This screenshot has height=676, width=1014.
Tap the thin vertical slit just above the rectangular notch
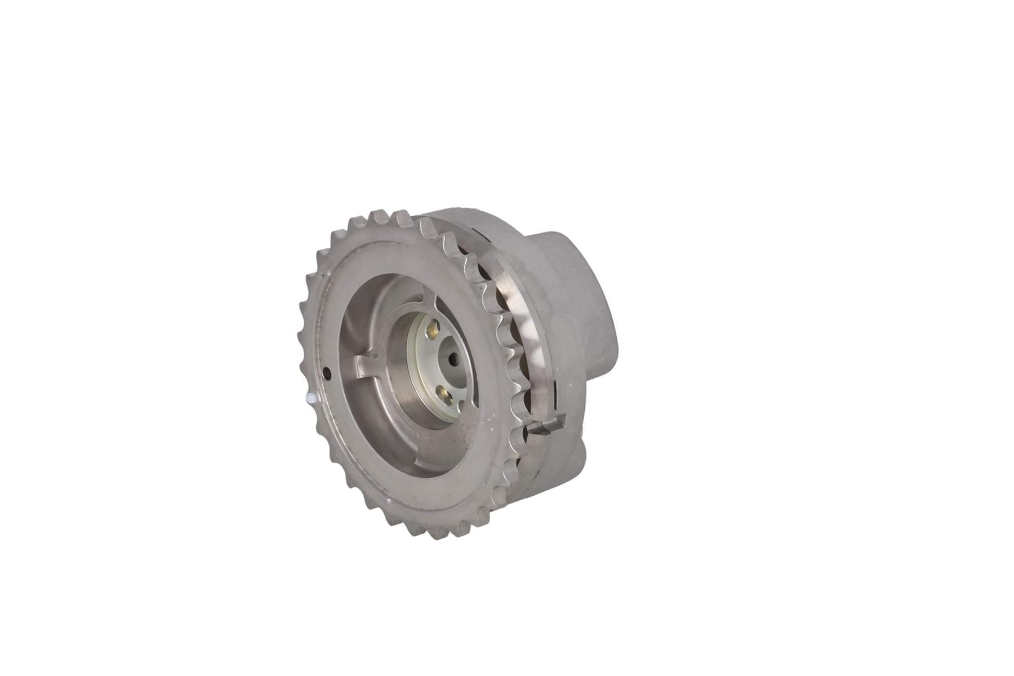pos(555,389)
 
